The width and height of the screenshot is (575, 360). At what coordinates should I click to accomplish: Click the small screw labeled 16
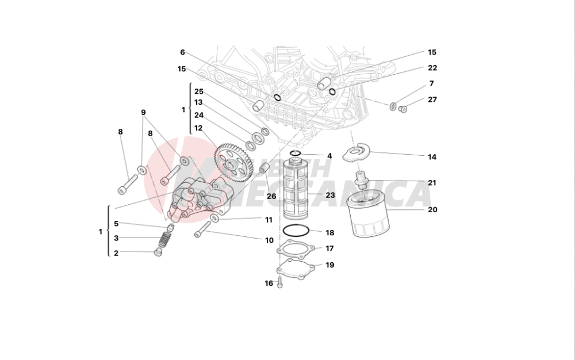coord(279,282)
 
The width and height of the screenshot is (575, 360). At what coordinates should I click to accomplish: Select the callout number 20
coord(432,210)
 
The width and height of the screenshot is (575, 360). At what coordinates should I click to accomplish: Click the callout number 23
coord(330,196)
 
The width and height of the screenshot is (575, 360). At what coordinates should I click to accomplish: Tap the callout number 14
coord(432,156)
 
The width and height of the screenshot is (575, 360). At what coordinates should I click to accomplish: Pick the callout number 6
coord(182,52)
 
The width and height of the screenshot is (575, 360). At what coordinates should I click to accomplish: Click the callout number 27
coord(432,99)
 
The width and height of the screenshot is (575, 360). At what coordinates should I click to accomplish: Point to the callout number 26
coord(271,196)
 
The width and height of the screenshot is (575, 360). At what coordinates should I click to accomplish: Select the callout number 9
coord(143,112)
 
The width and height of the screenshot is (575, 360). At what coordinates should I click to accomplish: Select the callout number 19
coord(330,265)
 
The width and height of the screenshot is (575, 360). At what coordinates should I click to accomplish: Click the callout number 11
coord(269,220)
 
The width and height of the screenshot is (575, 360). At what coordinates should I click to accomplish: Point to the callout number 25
coord(198,91)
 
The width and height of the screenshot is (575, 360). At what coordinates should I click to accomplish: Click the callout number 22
coord(432,68)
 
